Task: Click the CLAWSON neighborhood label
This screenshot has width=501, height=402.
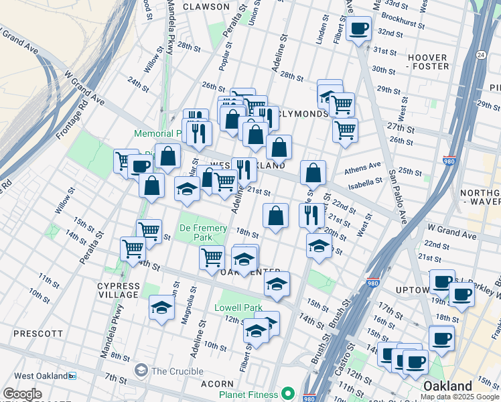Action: (x=206, y=7)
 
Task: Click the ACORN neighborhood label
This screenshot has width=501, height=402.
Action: (x=217, y=384)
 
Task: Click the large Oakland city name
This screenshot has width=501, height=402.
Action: (x=447, y=387)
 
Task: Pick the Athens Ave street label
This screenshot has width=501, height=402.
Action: (x=362, y=170)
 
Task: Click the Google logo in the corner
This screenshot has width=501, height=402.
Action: (x=22, y=393)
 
